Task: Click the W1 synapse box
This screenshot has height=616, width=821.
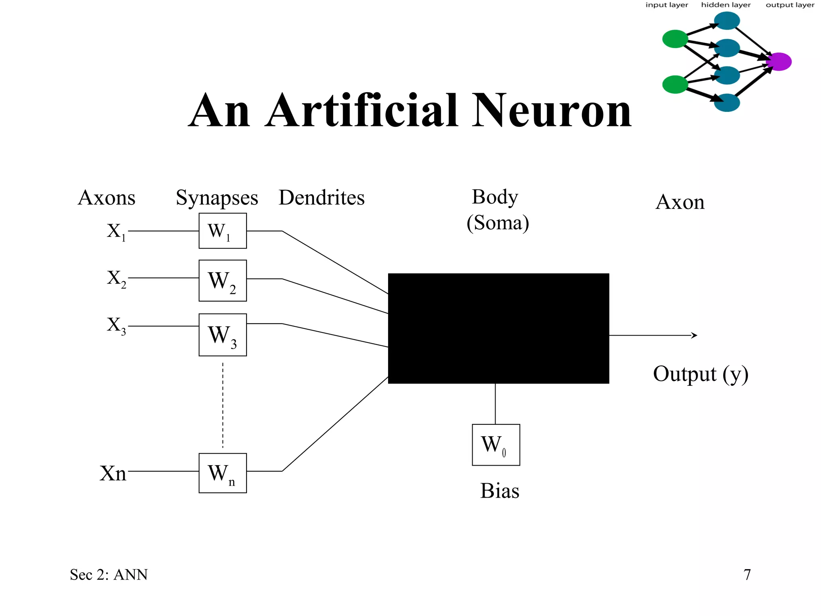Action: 222,231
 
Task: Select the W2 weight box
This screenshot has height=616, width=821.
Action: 222,280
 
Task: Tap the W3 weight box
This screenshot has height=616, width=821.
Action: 222,335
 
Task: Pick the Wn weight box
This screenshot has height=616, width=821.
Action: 222,473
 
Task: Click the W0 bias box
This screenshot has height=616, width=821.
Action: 496,445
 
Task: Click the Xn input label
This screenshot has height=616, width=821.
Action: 113,473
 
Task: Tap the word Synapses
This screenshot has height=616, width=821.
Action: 217,198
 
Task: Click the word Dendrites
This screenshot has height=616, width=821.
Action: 322,198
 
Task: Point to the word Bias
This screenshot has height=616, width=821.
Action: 499,491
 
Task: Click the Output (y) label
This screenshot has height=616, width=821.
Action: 700,374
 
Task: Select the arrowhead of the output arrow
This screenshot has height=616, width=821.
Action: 695,335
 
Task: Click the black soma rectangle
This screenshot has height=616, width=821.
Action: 498,328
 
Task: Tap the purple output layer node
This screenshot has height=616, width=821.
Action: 779,62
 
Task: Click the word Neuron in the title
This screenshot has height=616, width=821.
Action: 551,111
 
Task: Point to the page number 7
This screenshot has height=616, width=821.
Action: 747,575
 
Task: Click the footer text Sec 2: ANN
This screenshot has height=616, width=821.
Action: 109,575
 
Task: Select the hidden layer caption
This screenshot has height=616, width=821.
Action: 726,5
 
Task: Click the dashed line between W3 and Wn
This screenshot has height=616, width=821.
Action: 222,405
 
